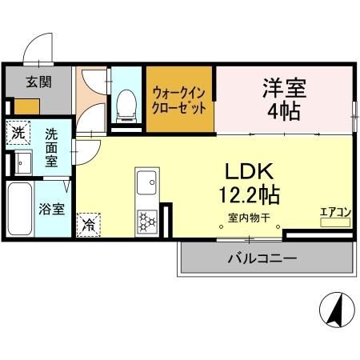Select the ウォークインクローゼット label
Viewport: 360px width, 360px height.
[180, 100]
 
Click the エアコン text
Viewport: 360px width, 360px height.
[336, 212]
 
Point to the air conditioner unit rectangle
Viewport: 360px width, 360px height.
[336, 222]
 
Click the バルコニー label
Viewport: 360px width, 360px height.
[262, 258]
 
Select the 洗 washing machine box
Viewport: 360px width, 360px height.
[18, 130]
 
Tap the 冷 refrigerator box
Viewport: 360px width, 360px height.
[88, 224]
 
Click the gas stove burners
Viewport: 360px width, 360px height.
[148, 220]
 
